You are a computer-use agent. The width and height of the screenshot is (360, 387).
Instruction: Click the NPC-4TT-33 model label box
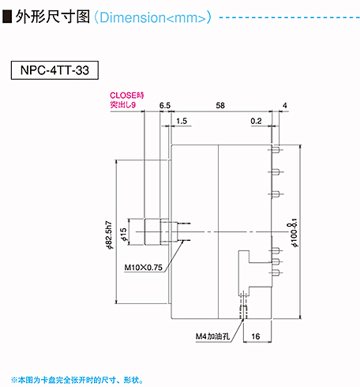[x=54, y=70]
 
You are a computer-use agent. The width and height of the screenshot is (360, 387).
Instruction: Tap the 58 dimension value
[x=220, y=106]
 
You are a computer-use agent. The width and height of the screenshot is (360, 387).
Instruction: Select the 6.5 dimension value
[x=165, y=106]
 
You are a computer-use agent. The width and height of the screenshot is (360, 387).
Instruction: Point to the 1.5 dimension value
[x=182, y=121]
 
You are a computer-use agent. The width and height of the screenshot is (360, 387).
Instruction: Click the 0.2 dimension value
[x=256, y=121]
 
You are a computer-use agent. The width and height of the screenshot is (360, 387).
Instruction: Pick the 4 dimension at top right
[x=285, y=106]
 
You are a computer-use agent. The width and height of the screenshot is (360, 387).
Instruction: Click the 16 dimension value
[x=256, y=336]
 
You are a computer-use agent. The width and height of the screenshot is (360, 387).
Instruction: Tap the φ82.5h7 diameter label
[x=109, y=235]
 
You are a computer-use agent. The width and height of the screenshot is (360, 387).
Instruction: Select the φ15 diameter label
[x=123, y=235]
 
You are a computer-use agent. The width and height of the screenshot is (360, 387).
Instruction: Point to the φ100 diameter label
[x=294, y=232]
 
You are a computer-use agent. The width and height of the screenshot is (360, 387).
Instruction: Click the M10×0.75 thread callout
[x=143, y=268]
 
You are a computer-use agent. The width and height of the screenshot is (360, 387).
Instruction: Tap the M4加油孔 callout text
[x=212, y=336]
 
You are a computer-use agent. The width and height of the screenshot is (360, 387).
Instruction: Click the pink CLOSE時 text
[x=127, y=96]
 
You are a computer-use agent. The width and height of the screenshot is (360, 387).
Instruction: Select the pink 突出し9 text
[x=123, y=104]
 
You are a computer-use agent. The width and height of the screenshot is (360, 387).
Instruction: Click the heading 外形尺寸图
[x=53, y=17]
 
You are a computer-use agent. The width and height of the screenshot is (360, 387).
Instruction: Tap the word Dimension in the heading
[x=133, y=17]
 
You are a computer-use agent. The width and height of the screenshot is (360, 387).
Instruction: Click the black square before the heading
[x=7, y=17]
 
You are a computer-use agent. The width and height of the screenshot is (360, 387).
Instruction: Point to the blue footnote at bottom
[x=77, y=380]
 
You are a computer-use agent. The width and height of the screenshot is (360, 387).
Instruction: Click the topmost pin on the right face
[x=276, y=150]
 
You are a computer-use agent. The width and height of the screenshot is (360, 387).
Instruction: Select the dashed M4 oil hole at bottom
[x=243, y=306]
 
